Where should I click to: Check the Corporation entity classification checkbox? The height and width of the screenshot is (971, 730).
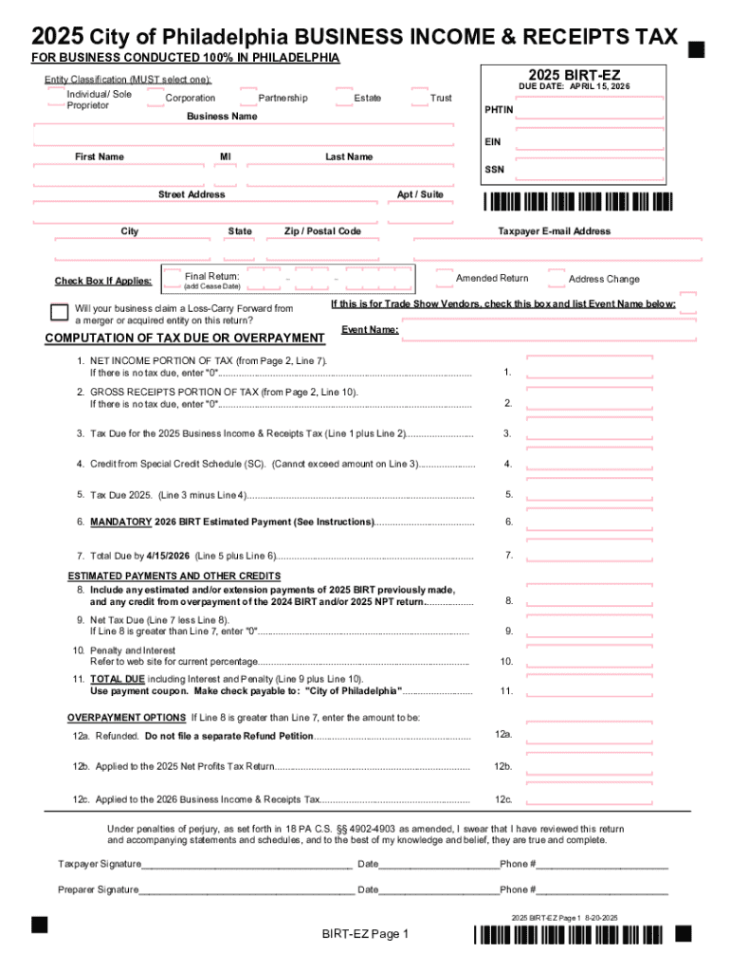pos(154,99)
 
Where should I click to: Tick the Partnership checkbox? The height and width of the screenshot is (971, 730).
pos(248,99)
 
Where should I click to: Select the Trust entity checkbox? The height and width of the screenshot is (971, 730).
pos(419,99)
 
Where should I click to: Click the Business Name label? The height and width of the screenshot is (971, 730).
pos(222,117)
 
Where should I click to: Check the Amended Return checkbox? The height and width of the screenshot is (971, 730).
pos(445,278)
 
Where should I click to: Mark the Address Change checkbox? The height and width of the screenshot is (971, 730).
pos(557,278)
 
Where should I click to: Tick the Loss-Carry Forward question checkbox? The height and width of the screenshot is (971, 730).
pos(59,313)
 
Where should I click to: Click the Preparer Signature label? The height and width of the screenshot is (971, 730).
pos(98,889)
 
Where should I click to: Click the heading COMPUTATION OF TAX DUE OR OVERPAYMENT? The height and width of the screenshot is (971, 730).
pos(185,339)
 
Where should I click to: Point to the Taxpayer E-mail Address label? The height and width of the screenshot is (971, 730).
pos(555,231)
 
